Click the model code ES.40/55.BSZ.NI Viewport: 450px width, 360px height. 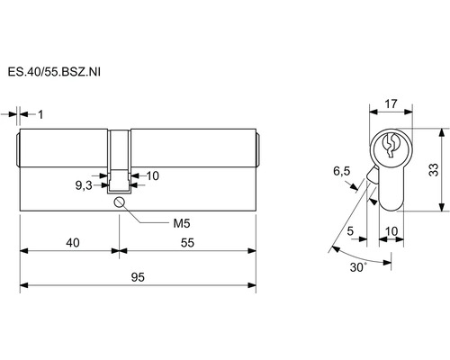click(x=54, y=72)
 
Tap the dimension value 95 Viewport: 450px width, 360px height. click(x=138, y=277)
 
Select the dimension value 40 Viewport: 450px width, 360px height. click(x=73, y=242)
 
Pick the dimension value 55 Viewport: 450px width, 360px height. click(x=187, y=242)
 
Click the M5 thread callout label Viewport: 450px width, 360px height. click(x=182, y=223)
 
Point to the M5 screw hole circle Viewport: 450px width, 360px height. click(x=119, y=202)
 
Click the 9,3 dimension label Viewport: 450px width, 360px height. click(x=84, y=185)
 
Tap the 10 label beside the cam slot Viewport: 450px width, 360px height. click(x=152, y=175)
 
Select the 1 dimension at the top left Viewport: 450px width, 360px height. click(x=40, y=114)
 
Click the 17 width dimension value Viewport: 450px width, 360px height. click(x=391, y=103)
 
